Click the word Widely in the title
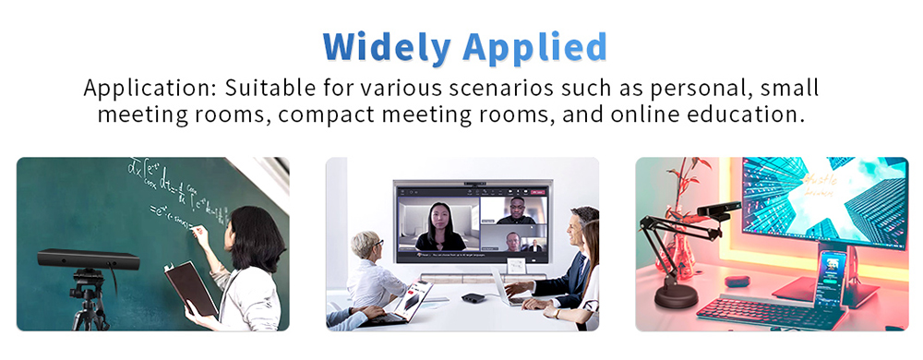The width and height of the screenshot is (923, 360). pos(387,45)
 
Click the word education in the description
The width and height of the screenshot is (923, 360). pos(742,115)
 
